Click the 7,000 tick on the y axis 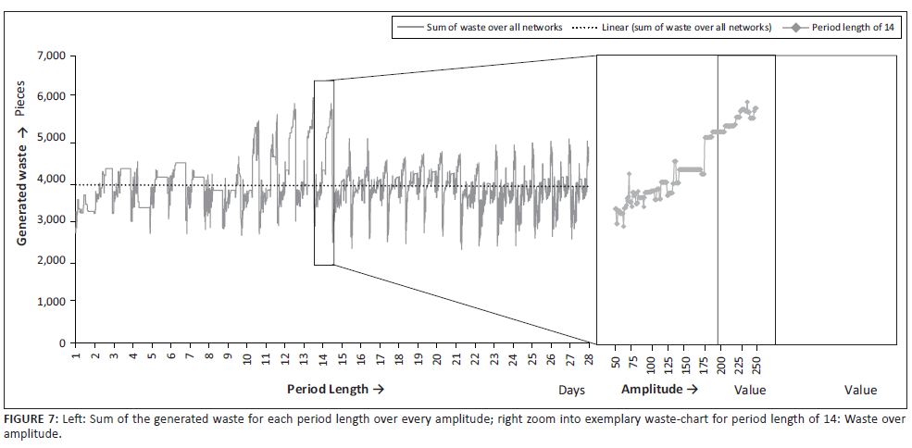[49, 56]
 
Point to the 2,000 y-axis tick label [49, 261]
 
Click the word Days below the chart [571, 391]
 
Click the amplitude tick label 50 [616, 359]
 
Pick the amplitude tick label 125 [668, 361]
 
